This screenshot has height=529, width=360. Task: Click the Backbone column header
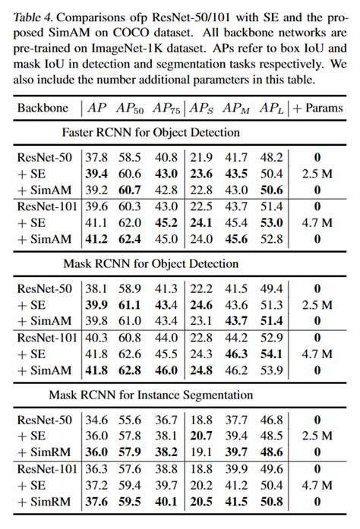[x=46, y=107]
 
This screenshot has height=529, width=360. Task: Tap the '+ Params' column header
[x=317, y=107]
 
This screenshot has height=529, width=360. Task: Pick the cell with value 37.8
[x=96, y=158]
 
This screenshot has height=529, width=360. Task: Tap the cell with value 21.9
[x=200, y=158]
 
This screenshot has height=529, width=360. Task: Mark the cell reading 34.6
[x=96, y=420]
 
